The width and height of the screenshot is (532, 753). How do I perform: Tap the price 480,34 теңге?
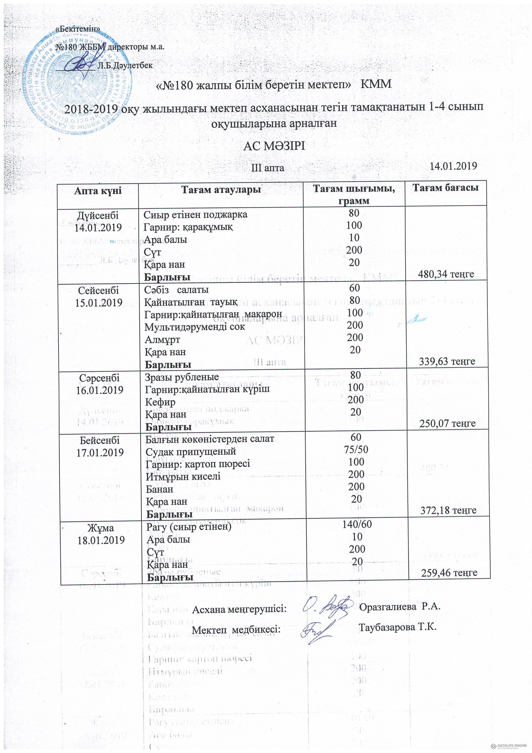pyautogui.click(x=446, y=274)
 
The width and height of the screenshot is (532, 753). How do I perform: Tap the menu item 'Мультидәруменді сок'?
pyautogui.click(x=195, y=327)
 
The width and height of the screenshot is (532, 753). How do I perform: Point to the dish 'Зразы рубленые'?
pyautogui.click(x=182, y=377)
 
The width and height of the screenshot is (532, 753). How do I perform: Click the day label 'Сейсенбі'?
pyautogui.click(x=98, y=291)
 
